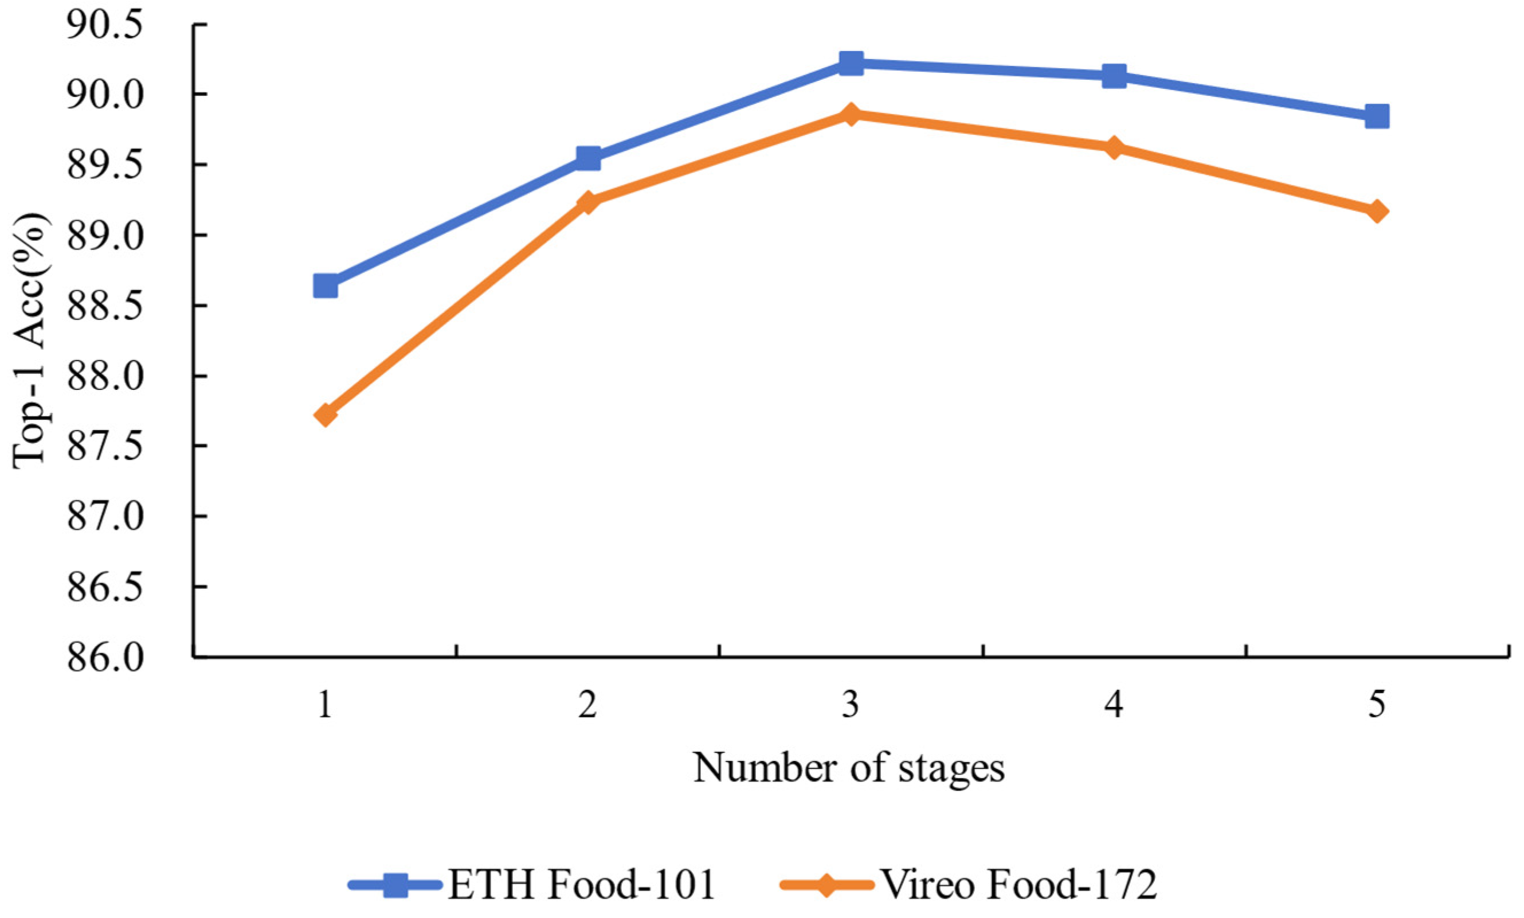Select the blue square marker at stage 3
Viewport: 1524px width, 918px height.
pos(851,62)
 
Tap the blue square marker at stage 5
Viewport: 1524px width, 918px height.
pos(1377,116)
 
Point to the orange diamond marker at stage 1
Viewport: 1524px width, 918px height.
pos(325,415)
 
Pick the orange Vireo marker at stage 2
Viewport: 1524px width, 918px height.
pos(588,202)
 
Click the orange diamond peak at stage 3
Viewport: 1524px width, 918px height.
pos(851,115)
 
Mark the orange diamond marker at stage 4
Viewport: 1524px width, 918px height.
pos(1114,148)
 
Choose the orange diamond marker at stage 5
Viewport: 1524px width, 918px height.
pos(1377,212)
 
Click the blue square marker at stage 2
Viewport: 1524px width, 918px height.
pos(588,157)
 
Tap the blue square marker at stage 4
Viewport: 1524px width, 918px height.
pos(1114,76)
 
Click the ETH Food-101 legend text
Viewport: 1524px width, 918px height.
pos(581,885)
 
